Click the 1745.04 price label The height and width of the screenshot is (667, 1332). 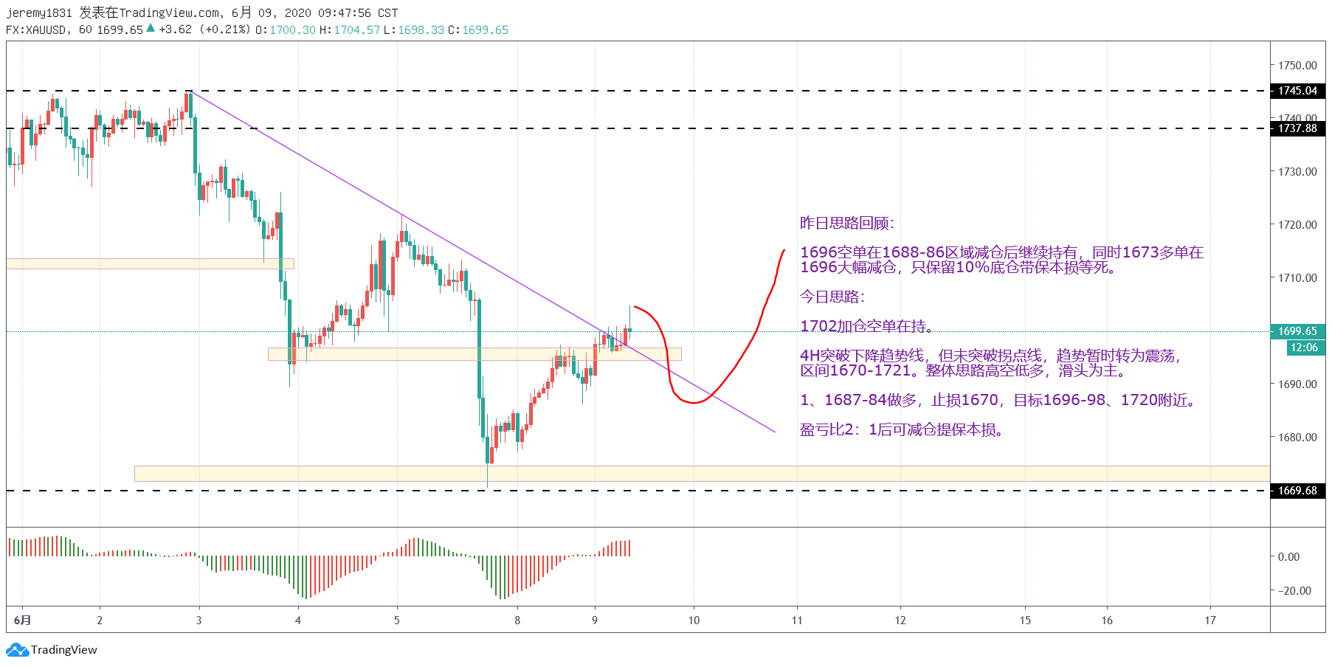[x=1297, y=91]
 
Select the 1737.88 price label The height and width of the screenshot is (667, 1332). [x=1297, y=128]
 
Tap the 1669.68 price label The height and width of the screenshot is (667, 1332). [x=1297, y=491]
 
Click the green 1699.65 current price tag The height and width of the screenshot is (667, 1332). [x=1297, y=331]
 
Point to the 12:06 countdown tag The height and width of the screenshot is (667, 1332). [x=1303, y=348]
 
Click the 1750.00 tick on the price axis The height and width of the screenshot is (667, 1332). [x=1297, y=66]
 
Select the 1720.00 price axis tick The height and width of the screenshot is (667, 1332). [x=1297, y=225]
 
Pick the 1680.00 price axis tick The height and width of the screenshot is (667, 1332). [x=1297, y=438]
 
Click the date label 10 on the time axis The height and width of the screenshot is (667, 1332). [x=694, y=621]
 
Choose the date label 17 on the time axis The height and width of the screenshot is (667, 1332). [x=1210, y=621]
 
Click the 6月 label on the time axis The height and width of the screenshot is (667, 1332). [x=23, y=621]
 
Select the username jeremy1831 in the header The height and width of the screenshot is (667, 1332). [x=39, y=13]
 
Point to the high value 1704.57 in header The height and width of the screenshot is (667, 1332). [x=356, y=30]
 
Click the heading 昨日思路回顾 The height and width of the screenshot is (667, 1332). [x=846, y=224]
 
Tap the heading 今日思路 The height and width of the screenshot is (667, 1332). [x=832, y=297]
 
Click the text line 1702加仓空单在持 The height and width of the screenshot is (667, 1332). [x=867, y=326]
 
